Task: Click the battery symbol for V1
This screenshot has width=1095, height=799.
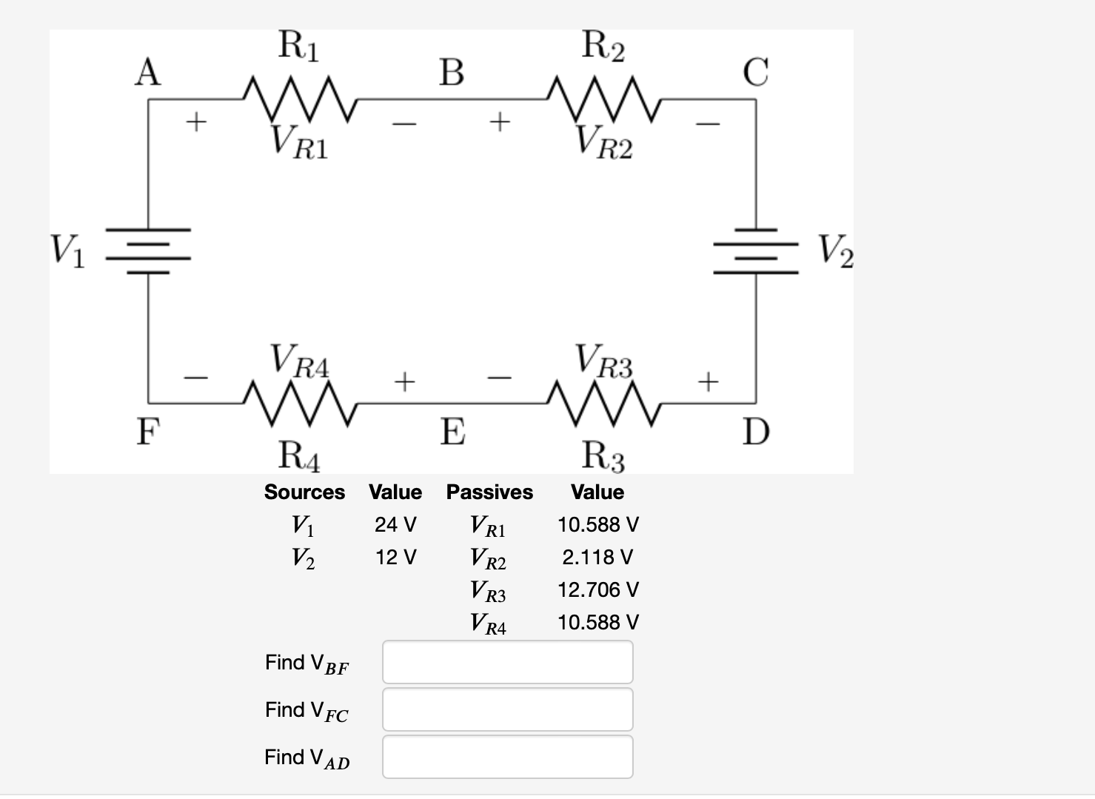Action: tap(149, 250)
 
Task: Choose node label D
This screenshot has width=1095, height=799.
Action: tap(756, 432)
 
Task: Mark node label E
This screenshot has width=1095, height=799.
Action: tap(452, 432)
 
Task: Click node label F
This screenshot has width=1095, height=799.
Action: tap(148, 432)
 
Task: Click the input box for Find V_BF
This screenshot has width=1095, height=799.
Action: tap(507, 662)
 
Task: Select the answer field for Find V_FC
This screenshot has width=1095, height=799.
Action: tap(507, 709)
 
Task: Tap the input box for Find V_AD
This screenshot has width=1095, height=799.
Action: tap(507, 757)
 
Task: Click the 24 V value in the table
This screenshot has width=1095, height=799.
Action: tap(395, 525)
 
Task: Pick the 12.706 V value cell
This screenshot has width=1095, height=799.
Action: tap(597, 590)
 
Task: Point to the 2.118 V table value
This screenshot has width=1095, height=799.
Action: tap(597, 558)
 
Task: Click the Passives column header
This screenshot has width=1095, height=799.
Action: tap(489, 492)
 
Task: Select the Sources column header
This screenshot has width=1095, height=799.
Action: tap(304, 492)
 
